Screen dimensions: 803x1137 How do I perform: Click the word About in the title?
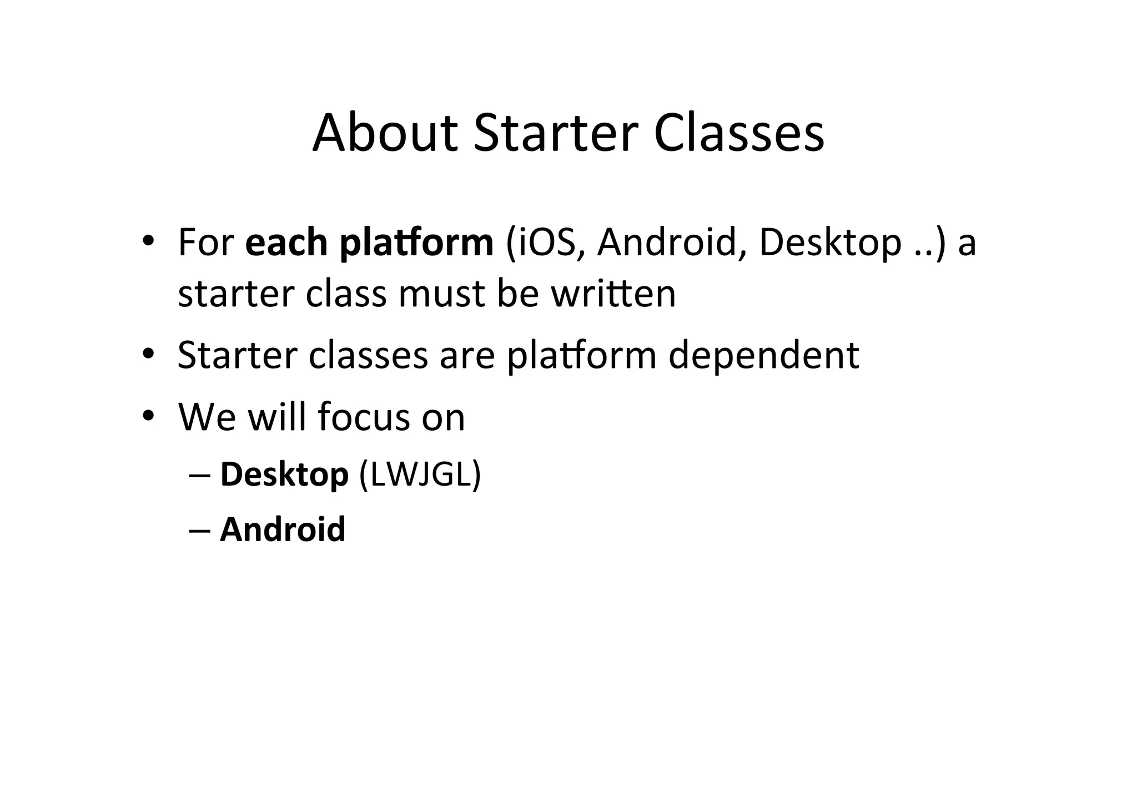(x=385, y=134)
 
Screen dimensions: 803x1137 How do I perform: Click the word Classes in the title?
(x=738, y=134)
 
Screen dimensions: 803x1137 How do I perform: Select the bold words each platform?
(x=369, y=243)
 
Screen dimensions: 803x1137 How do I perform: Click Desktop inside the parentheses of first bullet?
(x=829, y=243)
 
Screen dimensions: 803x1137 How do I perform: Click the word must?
(x=441, y=294)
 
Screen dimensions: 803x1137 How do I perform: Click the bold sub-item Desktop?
(x=284, y=474)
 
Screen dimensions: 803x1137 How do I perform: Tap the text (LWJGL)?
(x=420, y=474)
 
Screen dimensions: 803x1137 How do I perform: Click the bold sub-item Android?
(x=283, y=529)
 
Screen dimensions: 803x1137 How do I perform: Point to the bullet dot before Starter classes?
(x=147, y=353)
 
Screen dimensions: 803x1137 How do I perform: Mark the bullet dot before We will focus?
(x=147, y=415)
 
